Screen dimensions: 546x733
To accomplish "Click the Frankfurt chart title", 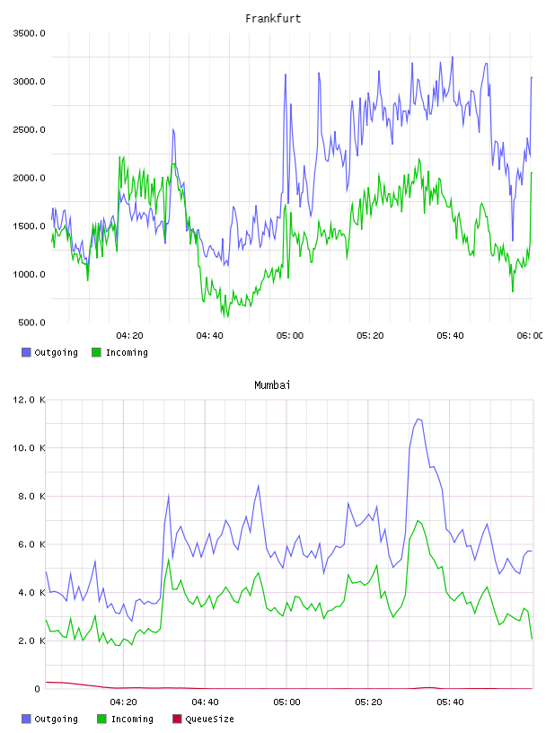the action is [x=273, y=19].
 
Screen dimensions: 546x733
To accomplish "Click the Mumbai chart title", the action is [x=272, y=385].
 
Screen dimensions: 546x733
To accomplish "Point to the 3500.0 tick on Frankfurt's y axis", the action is [x=29, y=33].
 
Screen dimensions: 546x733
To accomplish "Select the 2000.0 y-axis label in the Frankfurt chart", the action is [x=29, y=178].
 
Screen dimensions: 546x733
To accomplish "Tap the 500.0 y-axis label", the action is [x=31, y=322].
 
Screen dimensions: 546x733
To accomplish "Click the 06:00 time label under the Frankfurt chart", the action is [x=530, y=336].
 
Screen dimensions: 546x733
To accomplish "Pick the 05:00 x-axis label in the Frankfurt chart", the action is [x=290, y=336].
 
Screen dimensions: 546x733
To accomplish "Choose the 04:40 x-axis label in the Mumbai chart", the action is [x=206, y=702].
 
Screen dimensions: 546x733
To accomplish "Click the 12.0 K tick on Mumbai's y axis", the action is [x=29, y=400].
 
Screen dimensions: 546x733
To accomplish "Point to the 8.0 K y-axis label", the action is [x=31, y=497].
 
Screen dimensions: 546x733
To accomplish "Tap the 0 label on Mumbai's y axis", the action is [x=38, y=689].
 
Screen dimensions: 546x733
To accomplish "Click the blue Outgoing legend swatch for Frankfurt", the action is [x=26, y=352].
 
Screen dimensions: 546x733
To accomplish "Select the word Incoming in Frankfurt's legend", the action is [x=127, y=353].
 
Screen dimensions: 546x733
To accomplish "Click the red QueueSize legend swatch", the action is [x=177, y=719].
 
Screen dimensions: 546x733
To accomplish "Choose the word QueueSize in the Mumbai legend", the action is [x=209, y=720].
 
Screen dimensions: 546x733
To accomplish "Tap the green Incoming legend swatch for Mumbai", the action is [x=101, y=719].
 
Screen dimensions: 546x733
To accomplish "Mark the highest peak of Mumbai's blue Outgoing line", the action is [x=418, y=419].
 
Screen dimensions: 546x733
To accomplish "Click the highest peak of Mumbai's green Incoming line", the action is [x=418, y=521].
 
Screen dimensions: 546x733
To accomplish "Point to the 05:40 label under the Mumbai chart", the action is [x=450, y=702].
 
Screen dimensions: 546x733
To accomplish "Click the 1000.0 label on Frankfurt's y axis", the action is [x=29, y=274].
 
